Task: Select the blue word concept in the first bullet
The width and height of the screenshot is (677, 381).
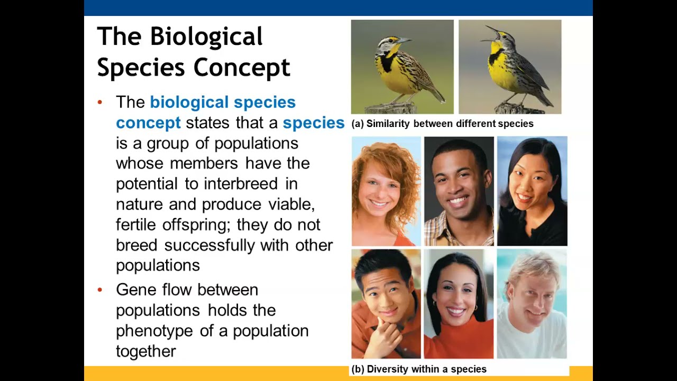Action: (x=148, y=123)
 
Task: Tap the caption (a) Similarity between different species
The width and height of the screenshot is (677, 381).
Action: (x=442, y=124)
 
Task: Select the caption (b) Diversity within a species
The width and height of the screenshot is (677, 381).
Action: (x=418, y=369)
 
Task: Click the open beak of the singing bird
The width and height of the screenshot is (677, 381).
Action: (x=492, y=29)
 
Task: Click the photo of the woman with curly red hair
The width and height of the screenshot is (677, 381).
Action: (x=386, y=191)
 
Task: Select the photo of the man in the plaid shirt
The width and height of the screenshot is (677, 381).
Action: (x=459, y=191)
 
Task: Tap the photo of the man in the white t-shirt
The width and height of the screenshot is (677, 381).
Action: (x=532, y=304)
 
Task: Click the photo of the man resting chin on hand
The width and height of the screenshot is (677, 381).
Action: (x=386, y=304)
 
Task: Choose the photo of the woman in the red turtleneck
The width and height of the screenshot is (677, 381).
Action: (x=459, y=304)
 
